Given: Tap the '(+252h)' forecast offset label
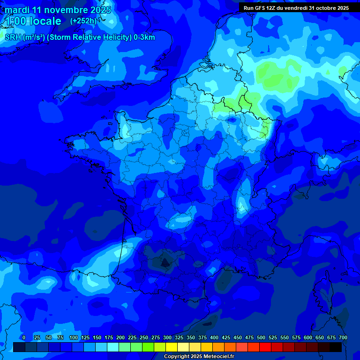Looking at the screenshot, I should click(83, 21).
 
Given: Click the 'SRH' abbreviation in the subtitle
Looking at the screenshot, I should click(13, 37).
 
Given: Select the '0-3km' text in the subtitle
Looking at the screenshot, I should click(144, 37).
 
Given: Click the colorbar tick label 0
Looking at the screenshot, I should click(24, 337).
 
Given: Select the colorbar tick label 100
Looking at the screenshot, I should click(73, 337).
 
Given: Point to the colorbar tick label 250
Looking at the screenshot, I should click(144, 337).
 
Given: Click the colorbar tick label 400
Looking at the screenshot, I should click(214, 337).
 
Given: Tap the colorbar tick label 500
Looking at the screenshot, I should click(261, 337).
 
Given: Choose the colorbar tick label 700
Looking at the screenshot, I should click(343, 337).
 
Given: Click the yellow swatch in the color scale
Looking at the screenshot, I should click(172, 347).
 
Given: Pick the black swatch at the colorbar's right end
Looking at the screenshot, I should click(336, 347).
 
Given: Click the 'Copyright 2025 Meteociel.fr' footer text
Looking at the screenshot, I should click(199, 357).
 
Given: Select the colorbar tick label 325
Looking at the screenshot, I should click(179, 337).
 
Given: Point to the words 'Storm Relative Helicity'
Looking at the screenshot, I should click(90, 37).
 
